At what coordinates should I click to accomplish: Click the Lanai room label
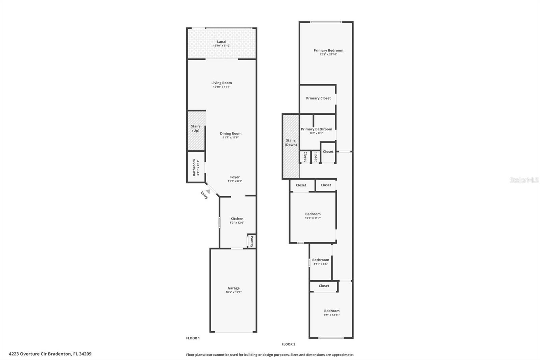[221, 42]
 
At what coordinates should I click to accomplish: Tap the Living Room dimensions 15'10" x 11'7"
[221, 87]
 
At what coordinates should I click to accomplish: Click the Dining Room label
[231, 133]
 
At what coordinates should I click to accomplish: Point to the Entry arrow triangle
[208, 191]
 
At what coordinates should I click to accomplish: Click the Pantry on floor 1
[251, 241]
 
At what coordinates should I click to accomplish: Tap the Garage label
[234, 288]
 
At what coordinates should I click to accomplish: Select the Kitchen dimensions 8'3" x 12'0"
[237, 223]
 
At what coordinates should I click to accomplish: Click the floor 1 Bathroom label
[194, 168]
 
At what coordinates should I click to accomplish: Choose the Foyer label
[235, 177]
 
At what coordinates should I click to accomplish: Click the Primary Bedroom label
[328, 50]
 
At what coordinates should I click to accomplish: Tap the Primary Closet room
[318, 98]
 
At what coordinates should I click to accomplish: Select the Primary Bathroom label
[316, 129]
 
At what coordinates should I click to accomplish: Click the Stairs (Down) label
[291, 143]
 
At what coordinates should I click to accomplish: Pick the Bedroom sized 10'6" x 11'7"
[313, 214]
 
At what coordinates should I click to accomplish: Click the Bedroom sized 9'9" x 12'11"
[331, 311]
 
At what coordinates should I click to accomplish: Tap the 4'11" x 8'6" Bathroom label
[320, 260]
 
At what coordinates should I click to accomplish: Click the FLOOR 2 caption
[288, 344]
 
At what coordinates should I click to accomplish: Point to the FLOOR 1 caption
[193, 338]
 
